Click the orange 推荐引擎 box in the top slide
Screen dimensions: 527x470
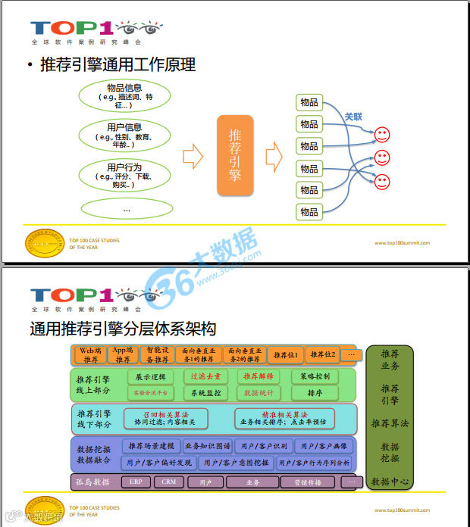pos(236,156)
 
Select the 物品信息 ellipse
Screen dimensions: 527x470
pos(124,96)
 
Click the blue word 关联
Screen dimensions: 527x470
pos(353,117)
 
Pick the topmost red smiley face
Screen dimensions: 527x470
pos(382,136)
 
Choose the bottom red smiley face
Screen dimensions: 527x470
pos(382,182)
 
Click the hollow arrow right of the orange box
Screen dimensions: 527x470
pos(274,157)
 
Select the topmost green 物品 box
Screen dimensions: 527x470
pos(309,102)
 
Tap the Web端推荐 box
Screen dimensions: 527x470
pos(91,354)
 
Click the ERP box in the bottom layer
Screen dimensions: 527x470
pos(136,482)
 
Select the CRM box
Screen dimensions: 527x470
pos(168,482)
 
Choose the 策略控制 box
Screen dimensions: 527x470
pos(314,376)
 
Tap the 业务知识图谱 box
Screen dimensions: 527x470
pos(207,446)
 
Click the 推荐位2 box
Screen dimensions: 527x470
pos(323,354)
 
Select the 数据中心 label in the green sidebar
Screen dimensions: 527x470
pos(390,481)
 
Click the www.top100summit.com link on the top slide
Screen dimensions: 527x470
pos(402,243)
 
